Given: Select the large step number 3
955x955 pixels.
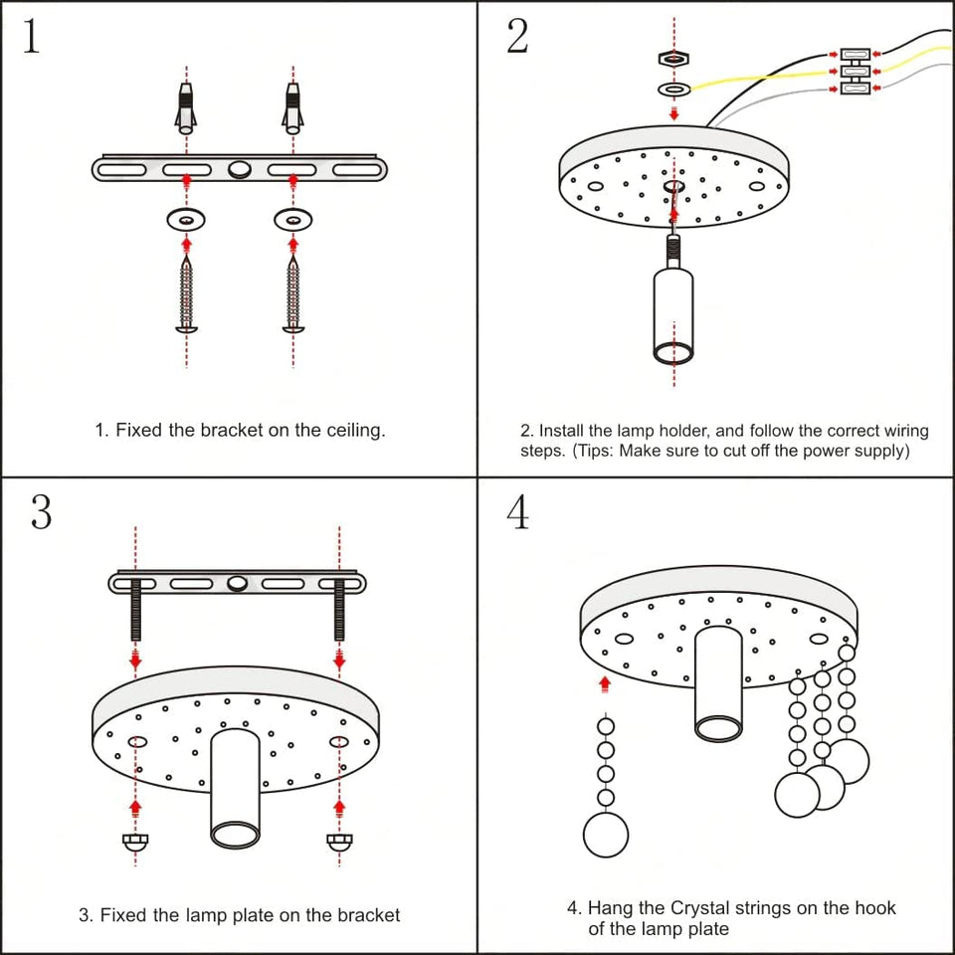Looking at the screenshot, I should point(40,511).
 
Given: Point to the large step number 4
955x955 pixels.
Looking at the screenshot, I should point(518,511).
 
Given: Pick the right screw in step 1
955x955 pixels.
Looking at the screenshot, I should point(292,293).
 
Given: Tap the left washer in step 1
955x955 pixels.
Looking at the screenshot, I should point(186,218).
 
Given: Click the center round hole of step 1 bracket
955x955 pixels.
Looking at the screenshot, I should point(239,170).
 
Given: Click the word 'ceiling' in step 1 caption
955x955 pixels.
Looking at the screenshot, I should point(349,431).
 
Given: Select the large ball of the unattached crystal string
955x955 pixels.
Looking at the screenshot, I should point(606,834).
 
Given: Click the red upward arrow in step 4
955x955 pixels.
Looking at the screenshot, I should point(604,683).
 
